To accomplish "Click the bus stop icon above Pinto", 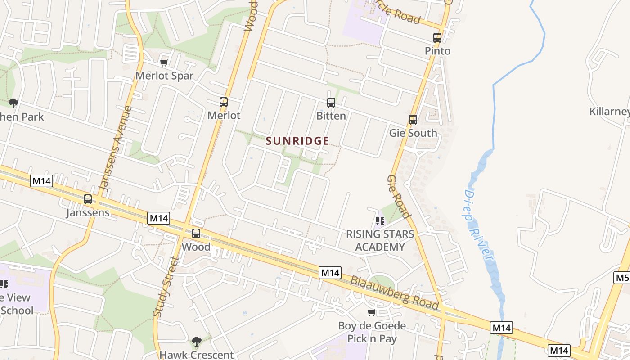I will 437,38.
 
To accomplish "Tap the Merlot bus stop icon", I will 224,102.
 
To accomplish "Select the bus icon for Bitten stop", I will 331,103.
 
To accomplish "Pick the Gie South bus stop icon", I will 413,120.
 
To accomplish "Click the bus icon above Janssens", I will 88,199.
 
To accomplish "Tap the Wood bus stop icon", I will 196,234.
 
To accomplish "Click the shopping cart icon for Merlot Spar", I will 164,63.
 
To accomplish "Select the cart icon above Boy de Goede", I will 372,312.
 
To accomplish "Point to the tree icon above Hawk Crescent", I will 196,342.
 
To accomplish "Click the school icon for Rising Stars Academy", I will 380,221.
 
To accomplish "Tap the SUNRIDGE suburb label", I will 297,141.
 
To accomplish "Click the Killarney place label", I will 609,112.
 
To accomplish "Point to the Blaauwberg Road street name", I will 395,292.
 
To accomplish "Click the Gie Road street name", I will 398,197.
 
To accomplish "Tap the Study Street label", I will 163,287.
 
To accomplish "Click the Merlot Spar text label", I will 164,76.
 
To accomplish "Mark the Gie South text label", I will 413,133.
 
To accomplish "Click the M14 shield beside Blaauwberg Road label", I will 330,273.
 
